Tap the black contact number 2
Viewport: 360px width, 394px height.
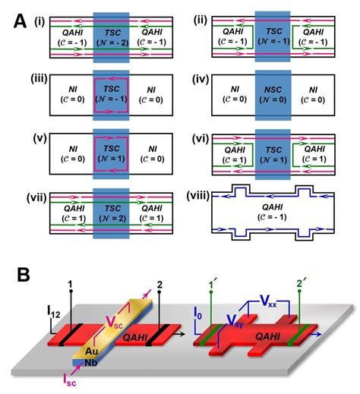(161, 286)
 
